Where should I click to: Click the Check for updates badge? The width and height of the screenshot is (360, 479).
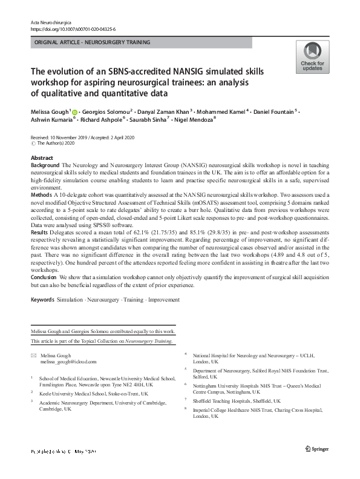tap(312, 58)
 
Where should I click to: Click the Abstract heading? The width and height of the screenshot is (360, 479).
tap(42, 157)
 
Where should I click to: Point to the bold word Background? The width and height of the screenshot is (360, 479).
tap(44, 165)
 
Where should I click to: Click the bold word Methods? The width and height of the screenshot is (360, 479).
tap(41, 194)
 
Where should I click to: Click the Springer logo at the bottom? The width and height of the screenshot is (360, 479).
tap(316, 465)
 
